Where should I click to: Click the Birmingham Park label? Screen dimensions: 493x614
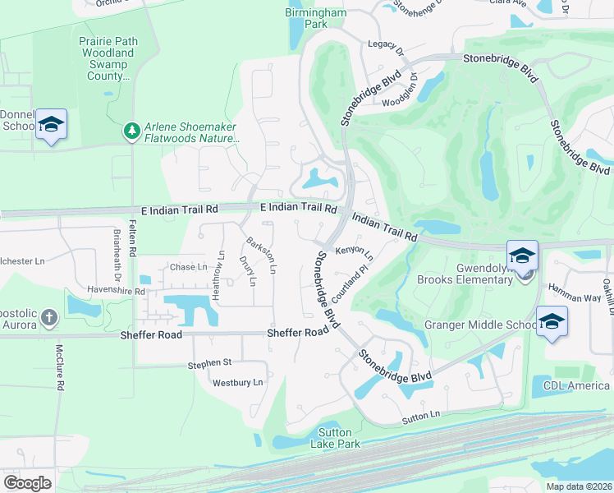[317, 18]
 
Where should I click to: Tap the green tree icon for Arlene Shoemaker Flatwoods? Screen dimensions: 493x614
[131, 131]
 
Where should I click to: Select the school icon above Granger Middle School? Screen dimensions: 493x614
[552, 321]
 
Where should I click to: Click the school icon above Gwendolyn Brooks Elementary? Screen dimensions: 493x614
[522, 256]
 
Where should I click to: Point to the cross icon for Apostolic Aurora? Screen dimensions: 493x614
[49, 316]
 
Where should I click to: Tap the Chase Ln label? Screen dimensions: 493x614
[188, 267]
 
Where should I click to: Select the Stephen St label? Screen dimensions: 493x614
[210, 363]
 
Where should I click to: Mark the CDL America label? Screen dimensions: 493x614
[577, 385]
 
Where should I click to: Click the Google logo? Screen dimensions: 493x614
[27, 482]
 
